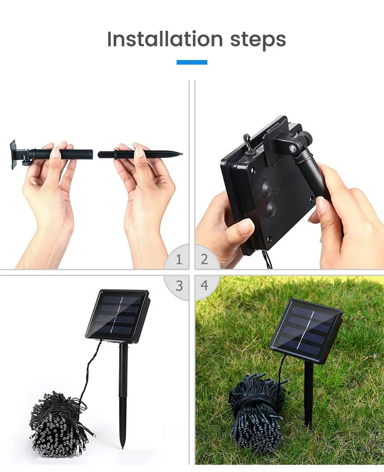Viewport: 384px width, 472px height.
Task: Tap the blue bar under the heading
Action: (x=192, y=62)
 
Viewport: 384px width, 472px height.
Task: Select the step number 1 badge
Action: (x=178, y=260)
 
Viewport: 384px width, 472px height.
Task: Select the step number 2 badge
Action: (x=205, y=260)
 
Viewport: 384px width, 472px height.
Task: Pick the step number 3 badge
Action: (x=178, y=285)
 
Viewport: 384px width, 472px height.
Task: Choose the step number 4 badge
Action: (x=205, y=285)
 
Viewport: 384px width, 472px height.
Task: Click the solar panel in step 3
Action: (x=118, y=314)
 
